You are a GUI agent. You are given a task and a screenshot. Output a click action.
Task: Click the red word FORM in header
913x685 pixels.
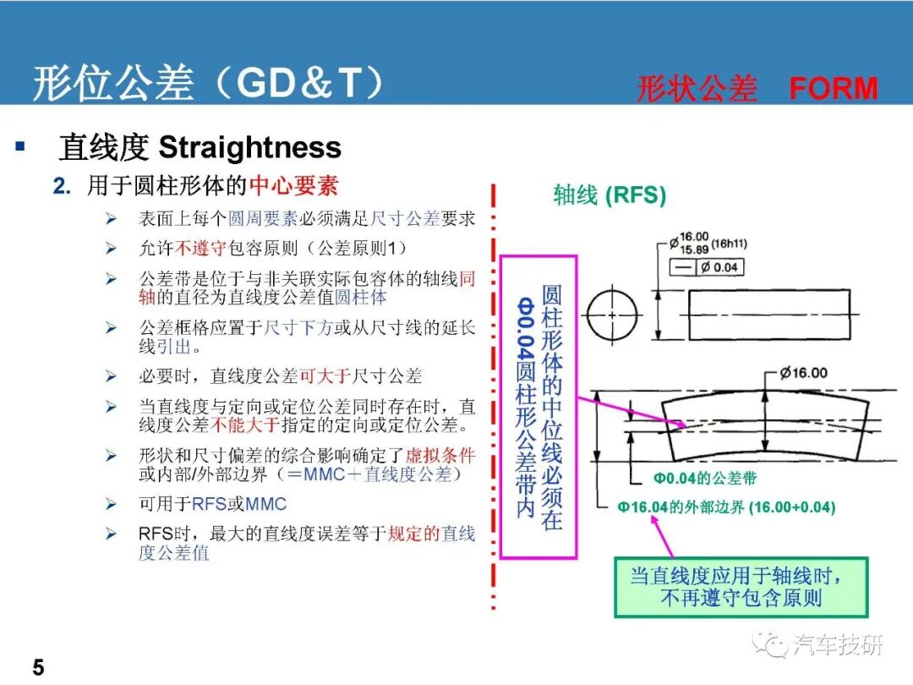click(x=834, y=89)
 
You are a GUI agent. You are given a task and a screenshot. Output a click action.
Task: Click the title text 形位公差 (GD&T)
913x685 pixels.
click(x=208, y=82)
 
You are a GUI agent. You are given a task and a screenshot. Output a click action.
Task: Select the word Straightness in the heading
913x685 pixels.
click(x=249, y=147)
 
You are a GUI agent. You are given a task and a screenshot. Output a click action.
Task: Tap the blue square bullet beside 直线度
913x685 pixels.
click(x=20, y=145)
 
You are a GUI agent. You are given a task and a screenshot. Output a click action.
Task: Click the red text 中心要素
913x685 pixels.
click(x=293, y=186)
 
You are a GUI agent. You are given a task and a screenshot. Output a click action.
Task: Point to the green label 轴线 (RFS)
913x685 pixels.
click(x=610, y=195)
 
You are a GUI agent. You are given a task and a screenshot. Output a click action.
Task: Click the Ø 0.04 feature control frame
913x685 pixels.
click(x=707, y=267)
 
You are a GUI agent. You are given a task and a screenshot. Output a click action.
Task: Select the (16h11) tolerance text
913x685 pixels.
click(x=729, y=244)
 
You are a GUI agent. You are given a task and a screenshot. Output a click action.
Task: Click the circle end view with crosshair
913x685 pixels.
click(x=613, y=315)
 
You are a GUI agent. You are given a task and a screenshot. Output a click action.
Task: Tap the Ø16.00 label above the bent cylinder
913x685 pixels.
click(x=804, y=373)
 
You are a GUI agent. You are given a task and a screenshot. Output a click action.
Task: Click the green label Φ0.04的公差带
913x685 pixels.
click(x=704, y=478)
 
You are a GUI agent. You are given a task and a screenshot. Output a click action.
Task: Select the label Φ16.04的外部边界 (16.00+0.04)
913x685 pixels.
click(x=726, y=507)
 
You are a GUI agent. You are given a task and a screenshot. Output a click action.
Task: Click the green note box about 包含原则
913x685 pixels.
click(x=741, y=587)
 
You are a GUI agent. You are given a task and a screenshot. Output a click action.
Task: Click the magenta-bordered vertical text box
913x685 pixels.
click(x=538, y=407)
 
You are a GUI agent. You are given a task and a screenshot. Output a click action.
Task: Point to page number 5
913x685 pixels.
click(x=38, y=667)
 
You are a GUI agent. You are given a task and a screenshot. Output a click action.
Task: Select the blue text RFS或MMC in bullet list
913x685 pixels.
click(x=238, y=504)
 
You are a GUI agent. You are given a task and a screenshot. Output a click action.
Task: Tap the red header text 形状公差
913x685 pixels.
click(x=697, y=89)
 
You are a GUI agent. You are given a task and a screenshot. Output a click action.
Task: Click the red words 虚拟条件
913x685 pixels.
click(x=440, y=455)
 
